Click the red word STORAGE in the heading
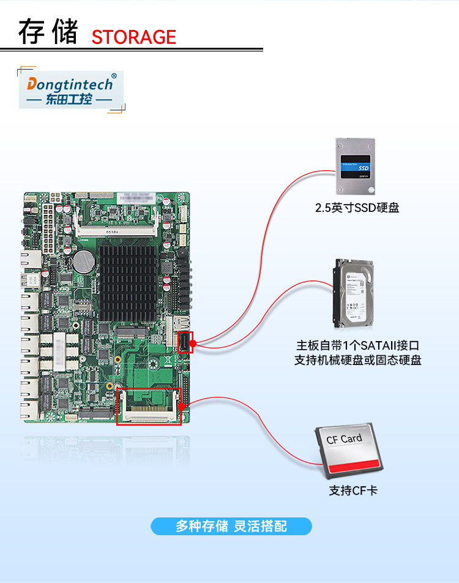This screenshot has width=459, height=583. click(133, 37)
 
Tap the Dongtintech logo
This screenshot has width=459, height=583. click(70, 89)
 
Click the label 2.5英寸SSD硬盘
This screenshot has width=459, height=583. click(357, 208)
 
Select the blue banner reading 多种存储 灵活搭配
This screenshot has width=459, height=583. click(231, 526)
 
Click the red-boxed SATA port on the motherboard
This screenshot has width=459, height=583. click(185, 342)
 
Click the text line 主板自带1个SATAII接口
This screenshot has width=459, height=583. click(357, 346)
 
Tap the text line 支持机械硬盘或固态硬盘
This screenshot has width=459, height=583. click(357, 360)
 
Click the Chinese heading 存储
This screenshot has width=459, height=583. click(48, 32)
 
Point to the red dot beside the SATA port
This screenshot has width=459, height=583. click(193, 343)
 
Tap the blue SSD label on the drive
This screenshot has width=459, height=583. click(363, 167)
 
